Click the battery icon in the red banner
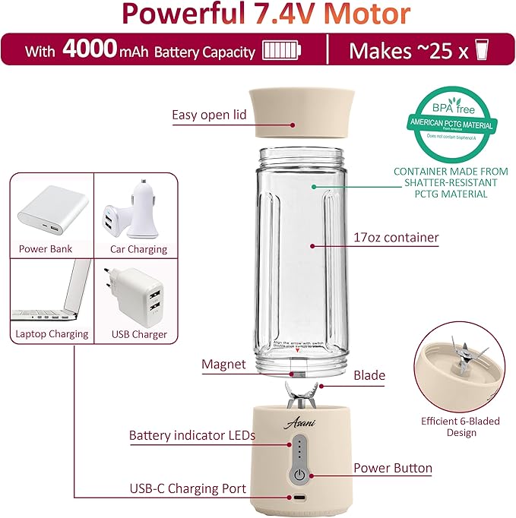click(281, 51)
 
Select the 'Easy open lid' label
click(209, 115)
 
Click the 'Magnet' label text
click(223, 364)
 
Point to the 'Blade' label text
click(369, 375)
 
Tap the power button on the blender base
click(301, 475)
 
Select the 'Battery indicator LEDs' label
click(192, 436)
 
